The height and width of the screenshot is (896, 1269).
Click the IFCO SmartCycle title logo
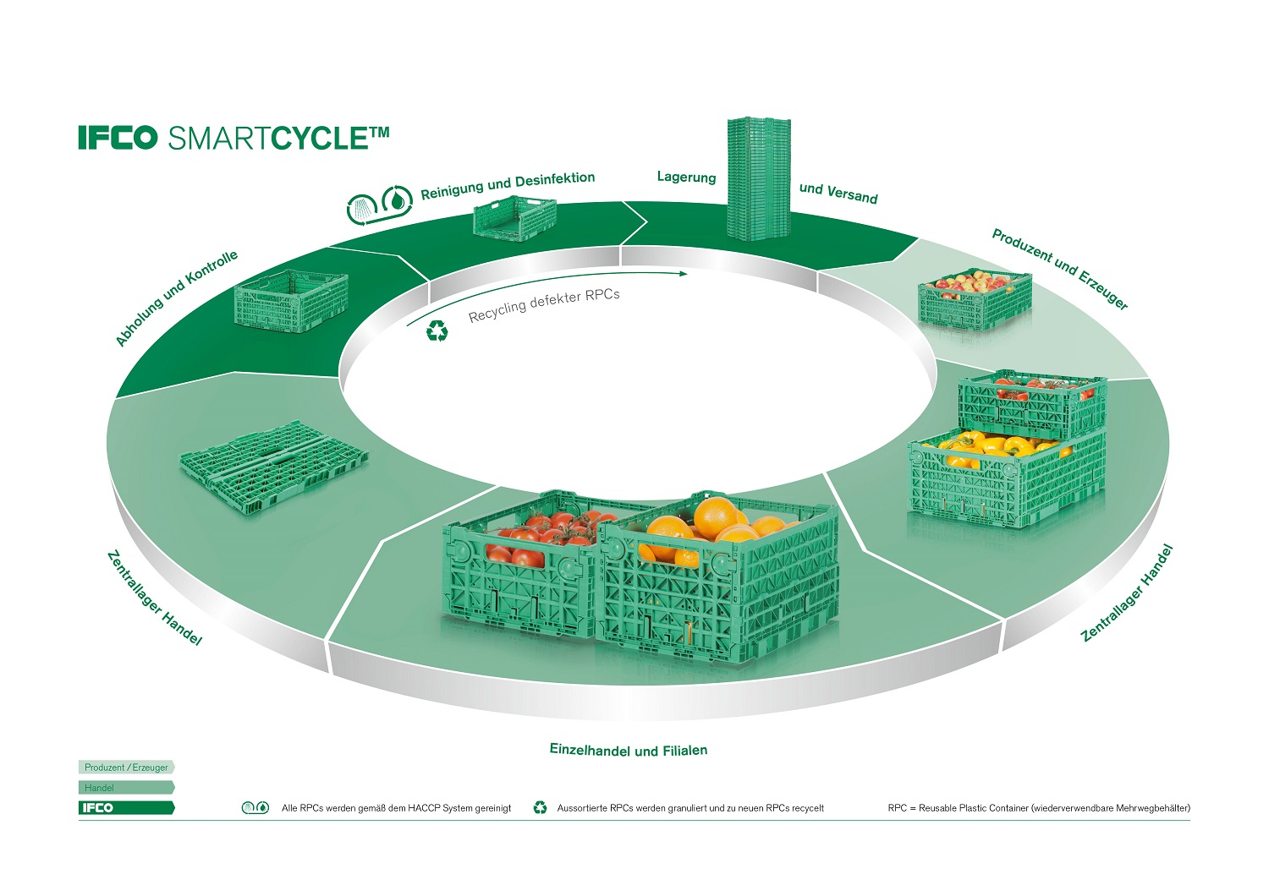(233, 138)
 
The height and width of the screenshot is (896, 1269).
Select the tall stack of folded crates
(758, 178)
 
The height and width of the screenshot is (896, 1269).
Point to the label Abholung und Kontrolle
(176, 298)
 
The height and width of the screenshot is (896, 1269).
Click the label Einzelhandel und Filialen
(628, 750)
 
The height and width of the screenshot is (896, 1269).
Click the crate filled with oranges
(717, 575)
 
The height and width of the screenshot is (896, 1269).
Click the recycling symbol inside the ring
(437, 331)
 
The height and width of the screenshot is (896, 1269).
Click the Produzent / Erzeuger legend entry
(127, 768)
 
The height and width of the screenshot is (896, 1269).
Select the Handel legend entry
(127, 788)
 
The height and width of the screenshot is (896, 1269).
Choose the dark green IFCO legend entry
(127, 808)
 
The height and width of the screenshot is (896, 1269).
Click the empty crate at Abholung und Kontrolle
(291, 301)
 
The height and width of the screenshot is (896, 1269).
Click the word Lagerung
(686, 178)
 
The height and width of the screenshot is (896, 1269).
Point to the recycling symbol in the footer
(540, 808)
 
